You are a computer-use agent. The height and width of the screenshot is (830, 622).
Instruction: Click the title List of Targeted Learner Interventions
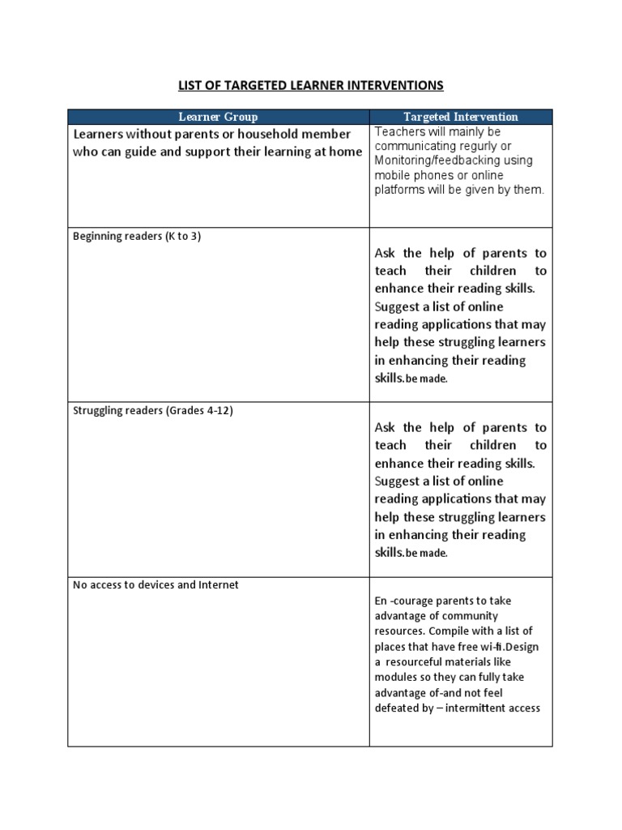click(310, 85)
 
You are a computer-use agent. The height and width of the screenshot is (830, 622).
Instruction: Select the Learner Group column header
click(218, 117)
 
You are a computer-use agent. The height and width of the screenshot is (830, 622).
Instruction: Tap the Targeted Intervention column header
click(461, 117)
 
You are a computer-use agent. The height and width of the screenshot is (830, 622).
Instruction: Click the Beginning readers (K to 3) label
click(137, 236)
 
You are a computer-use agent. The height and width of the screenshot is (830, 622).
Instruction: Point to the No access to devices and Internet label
click(156, 584)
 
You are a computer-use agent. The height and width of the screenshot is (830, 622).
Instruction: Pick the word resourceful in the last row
click(423, 661)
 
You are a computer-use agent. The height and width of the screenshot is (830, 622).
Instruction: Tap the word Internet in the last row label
click(219, 584)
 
